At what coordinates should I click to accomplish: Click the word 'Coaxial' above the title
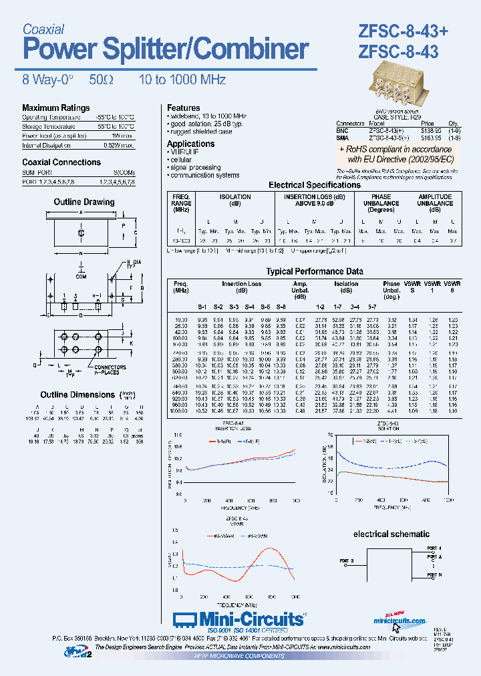point(43,29)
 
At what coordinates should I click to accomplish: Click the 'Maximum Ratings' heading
point(55,108)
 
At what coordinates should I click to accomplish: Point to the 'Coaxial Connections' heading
point(61,162)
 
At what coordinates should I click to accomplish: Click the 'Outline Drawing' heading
point(84,202)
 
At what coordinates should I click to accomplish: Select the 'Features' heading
point(183,108)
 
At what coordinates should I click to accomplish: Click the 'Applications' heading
point(190,144)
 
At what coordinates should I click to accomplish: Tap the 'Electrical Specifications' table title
point(314,185)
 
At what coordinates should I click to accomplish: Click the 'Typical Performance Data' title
point(314,271)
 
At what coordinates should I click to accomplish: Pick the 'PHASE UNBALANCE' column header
point(381,202)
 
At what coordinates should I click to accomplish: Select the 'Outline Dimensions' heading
point(77,395)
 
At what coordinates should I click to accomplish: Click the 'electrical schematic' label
point(391,534)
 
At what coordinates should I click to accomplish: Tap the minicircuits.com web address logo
point(399,620)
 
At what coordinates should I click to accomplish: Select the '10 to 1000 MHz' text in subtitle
point(182,80)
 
